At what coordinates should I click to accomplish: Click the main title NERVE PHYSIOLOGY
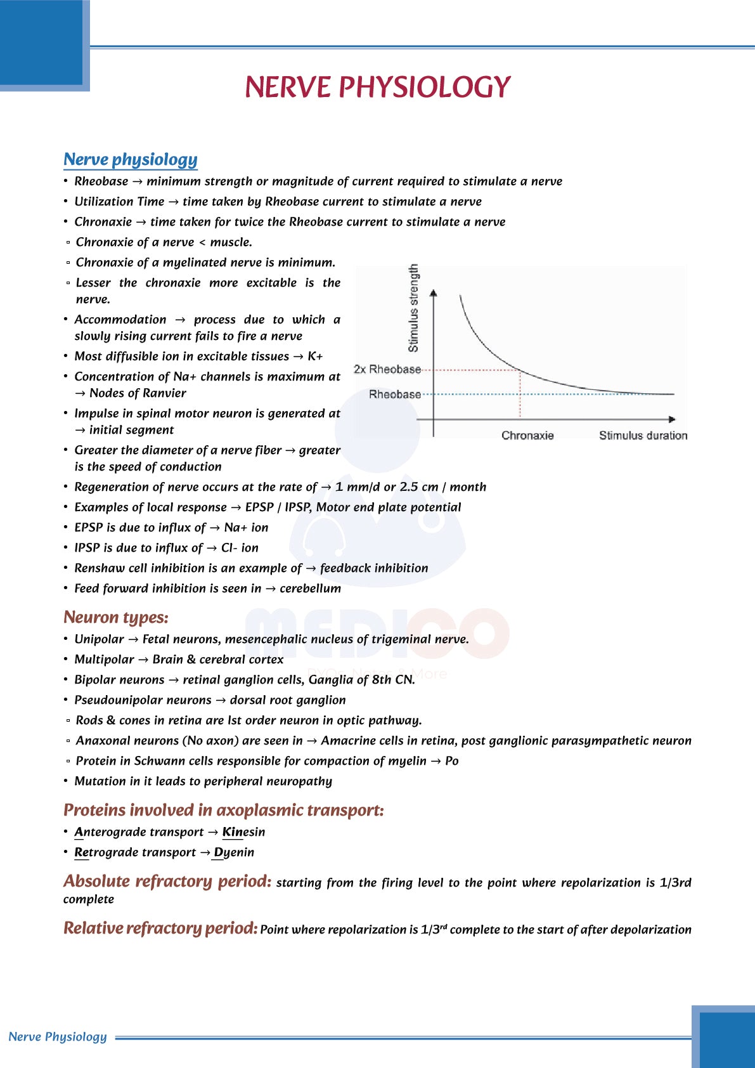click(x=377, y=88)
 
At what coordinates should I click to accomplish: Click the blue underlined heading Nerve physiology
click(x=130, y=160)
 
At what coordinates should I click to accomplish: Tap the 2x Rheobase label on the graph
click(x=387, y=369)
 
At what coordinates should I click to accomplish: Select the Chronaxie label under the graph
click(x=527, y=436)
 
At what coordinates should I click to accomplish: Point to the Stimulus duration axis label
click(x=643, y=436)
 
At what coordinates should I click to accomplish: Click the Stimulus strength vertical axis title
click(x=413, y=308)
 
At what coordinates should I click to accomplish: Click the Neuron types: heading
click(x=115, y=618)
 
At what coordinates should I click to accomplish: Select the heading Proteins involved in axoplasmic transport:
click(x=223, y=811)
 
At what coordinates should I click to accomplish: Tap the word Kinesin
click(x=243, y=832)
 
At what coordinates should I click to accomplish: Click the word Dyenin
click(x=234, y=852)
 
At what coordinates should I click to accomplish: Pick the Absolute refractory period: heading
click(x=167, y=882)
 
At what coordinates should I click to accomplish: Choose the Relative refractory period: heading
click(x=160, y=928)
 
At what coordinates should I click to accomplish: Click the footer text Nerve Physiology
click(x=58, y=1037)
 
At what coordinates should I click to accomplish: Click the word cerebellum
click(x=310, y=589)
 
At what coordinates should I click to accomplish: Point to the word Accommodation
click(x=120, y=320)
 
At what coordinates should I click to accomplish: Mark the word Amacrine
click(x=348, y=741)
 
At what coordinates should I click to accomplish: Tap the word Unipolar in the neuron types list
click(x=99, y=639)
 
